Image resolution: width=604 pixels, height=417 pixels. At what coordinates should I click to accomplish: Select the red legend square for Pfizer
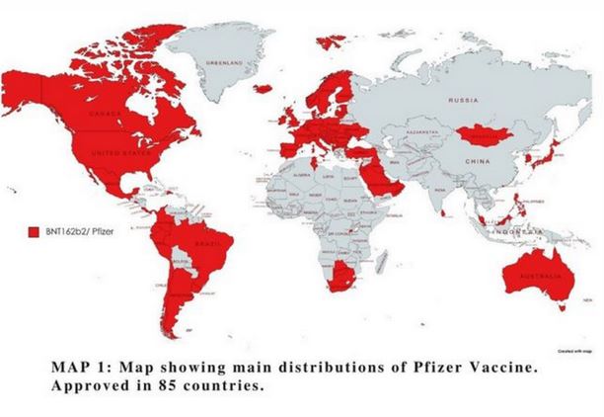[x=31, y=230]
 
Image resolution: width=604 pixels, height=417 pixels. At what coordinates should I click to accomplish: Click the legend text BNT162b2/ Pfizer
[x=71, y=230]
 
